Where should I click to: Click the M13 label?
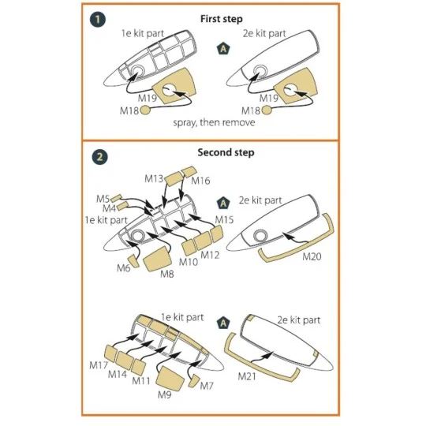click(154, 179)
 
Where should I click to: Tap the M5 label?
click(103, 198)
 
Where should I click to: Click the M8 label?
click(167, 273)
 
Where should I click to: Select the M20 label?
click(313, 256)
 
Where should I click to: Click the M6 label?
click(124, 268)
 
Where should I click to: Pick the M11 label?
click(141, 380)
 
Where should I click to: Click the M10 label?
click(188, 261)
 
